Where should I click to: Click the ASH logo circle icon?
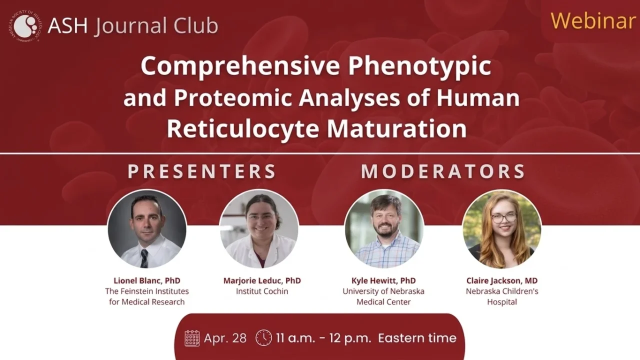(x=24, y=26)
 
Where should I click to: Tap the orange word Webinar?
(x=592, y=20)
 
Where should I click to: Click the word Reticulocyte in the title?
(x=243, y=128)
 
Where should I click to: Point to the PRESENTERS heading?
(x=202, y=171)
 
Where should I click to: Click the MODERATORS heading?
(x=443, y=171)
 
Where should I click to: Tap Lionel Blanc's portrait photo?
(x=147, y=229)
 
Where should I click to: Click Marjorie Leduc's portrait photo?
(x=259, y=229)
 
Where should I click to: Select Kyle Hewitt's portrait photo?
(x=384, y=229)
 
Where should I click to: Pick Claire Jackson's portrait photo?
(x=501, y=229)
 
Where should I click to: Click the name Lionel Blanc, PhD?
(x=147, y=280)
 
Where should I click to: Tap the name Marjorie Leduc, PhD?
(x=262, y=280)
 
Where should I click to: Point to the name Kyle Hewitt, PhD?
(x=384, y=280)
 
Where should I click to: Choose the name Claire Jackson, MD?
(x=502, y=280)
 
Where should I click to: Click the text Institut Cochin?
(x=262, y=291)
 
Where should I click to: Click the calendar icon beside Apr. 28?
(x=192, y=338)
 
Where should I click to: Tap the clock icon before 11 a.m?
(x=263, y=338)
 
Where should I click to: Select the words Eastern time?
(x=417, y=338)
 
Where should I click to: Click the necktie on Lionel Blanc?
(x=144, y=257)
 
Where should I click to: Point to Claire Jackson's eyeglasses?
(x=503, y=218)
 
